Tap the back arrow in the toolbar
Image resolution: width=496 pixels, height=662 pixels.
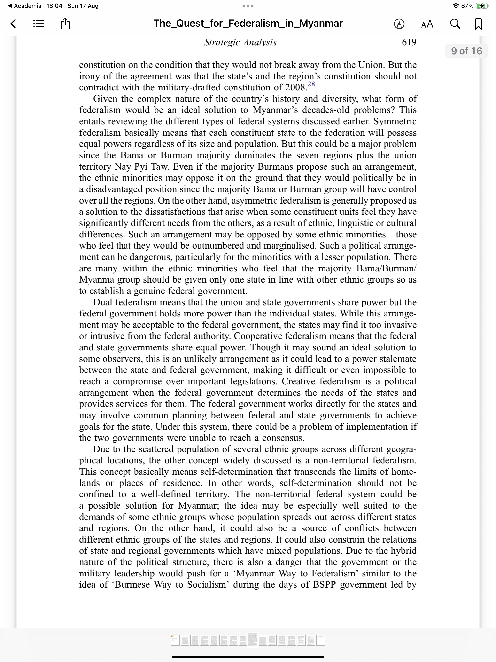pos(13,24)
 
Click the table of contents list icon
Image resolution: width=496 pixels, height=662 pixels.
pos(38,24)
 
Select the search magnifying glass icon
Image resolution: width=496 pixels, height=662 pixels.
pos(455,24)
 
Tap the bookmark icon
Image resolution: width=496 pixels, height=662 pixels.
pos(478,24)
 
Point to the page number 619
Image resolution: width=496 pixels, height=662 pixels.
pos(409,42)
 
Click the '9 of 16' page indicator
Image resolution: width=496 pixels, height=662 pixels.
pos(466,51)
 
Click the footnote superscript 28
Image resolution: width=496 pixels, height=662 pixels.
pos(311,84)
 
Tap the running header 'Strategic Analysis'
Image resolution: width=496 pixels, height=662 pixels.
pos(240,42)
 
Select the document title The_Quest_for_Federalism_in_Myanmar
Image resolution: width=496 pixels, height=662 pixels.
pos(248,23)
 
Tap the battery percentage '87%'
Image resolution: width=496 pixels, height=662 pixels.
pos(467,6)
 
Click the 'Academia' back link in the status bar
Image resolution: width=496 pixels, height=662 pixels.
pos(28,6)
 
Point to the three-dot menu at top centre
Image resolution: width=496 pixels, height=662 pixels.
pos(248,6)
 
